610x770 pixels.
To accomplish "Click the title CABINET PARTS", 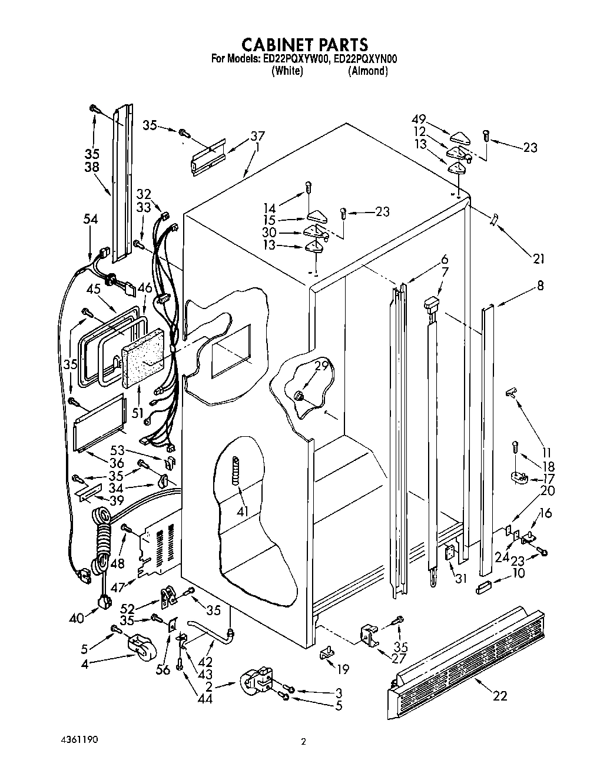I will (304, 45).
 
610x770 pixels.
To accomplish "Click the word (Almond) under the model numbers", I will (367, 71).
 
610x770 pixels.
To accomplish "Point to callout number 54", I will (90, 219).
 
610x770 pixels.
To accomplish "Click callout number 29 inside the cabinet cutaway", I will (320, 366).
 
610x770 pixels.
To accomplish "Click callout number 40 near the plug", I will (76, 619).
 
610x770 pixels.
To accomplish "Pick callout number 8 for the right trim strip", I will (540, 286).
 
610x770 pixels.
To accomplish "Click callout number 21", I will (538, 258).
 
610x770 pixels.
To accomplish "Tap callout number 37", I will (257, 136).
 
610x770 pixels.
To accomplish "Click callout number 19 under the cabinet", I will (342, 669).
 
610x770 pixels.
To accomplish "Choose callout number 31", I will (460, 578).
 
